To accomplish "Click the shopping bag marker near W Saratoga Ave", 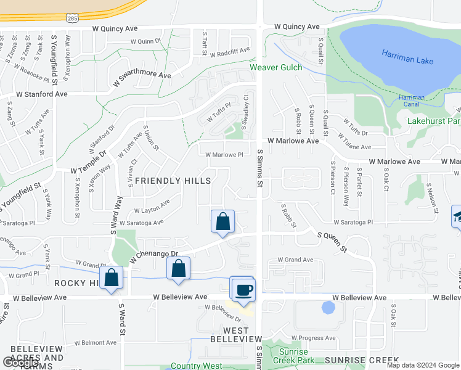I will pyautogui.click(x=222, y=222).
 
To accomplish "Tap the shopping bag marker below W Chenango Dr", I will pyautogui.click(x=178, y=268).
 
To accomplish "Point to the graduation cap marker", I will pyautogui.click(x=457, y=216).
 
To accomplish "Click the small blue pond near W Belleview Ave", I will pyautogui.click(x=328, y=307).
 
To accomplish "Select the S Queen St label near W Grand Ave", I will pyautogui.click(x=332, y=241).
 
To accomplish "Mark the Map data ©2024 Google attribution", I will pyautogui.click(x=422, y=365).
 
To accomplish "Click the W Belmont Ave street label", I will pyautogui.click(x=95, y=342).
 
